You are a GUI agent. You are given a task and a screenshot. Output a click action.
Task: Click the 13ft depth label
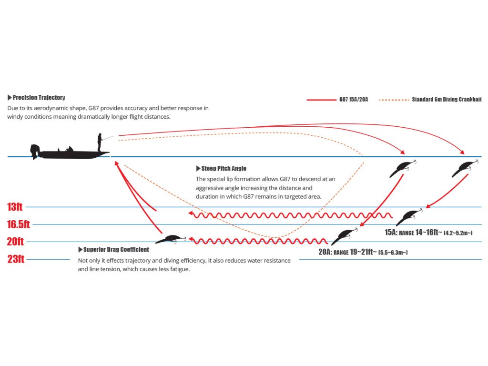point(15,207)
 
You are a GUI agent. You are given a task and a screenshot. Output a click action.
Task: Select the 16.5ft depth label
point(19,224)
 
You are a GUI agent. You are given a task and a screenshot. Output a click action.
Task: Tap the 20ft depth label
point(15,242)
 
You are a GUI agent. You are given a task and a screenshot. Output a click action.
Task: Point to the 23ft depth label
point(16,259)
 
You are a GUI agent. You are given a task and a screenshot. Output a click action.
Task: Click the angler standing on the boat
point(100,142)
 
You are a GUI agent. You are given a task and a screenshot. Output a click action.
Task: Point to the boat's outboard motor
point(35,152)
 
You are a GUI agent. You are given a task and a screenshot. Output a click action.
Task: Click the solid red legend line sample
point(322,100)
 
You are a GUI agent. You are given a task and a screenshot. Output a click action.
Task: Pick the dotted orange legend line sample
point(394,100)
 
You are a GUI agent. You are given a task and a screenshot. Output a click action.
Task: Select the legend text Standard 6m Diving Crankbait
point(447,99)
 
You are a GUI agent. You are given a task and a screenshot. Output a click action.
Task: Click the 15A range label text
point(428,233)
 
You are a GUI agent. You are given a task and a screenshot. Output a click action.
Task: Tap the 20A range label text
point(363,252)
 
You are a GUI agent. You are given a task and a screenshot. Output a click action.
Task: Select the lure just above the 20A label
point(344,236)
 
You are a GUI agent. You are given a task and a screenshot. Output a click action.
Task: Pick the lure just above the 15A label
point(409,217)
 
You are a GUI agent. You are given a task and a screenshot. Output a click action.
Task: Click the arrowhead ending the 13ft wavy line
point(191,214)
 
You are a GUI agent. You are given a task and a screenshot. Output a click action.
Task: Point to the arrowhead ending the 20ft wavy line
point(191,240)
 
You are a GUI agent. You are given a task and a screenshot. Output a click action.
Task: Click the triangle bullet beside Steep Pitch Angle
point(198,168)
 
